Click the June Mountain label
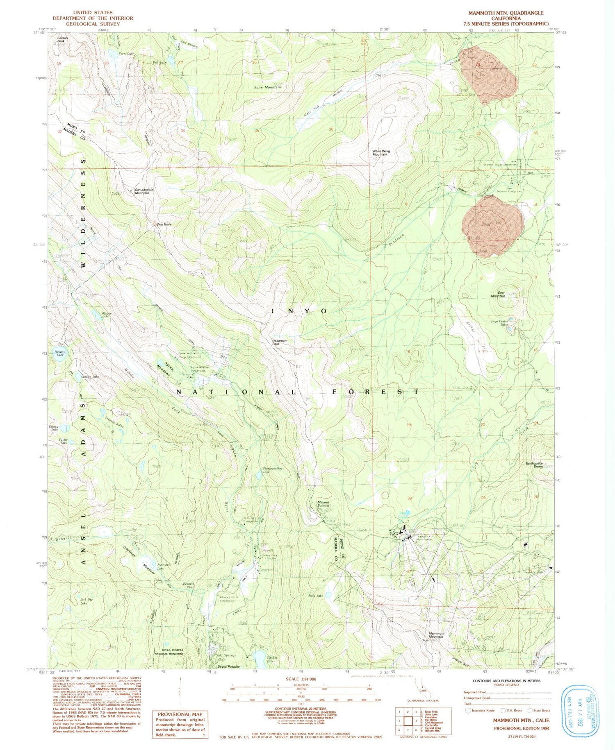point(268,87)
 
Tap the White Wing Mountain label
point(381,153)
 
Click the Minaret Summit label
point(323,503)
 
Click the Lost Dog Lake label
point(84,601)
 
